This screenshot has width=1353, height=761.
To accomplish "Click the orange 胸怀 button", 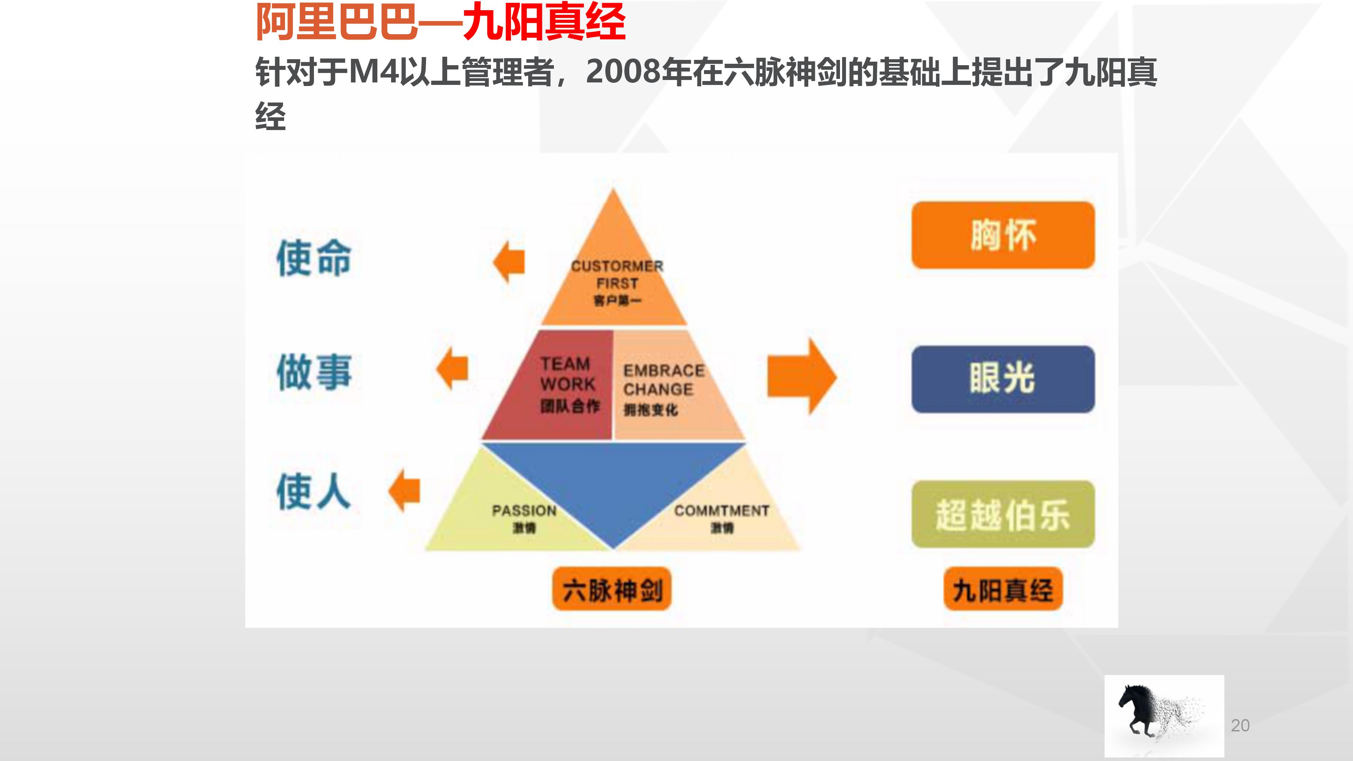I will point(1003,235).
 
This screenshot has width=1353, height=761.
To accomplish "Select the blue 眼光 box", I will point(1003,379).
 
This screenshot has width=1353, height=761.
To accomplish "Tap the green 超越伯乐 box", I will point(1003,514).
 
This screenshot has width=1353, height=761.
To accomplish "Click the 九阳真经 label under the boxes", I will point(1003,590).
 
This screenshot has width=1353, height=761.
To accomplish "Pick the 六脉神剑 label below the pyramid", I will point(612,590).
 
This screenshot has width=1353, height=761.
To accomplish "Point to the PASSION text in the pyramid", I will point(524,511).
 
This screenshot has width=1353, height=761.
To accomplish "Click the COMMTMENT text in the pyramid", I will point(721,511).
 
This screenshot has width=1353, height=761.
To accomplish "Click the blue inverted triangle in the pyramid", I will point(613,478).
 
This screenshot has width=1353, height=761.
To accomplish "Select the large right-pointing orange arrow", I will point(801,377).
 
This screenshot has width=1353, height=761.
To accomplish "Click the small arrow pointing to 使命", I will point(509,261).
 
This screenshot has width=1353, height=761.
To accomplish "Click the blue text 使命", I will point(314,258).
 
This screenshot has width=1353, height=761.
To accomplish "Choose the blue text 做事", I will point(314,372).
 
